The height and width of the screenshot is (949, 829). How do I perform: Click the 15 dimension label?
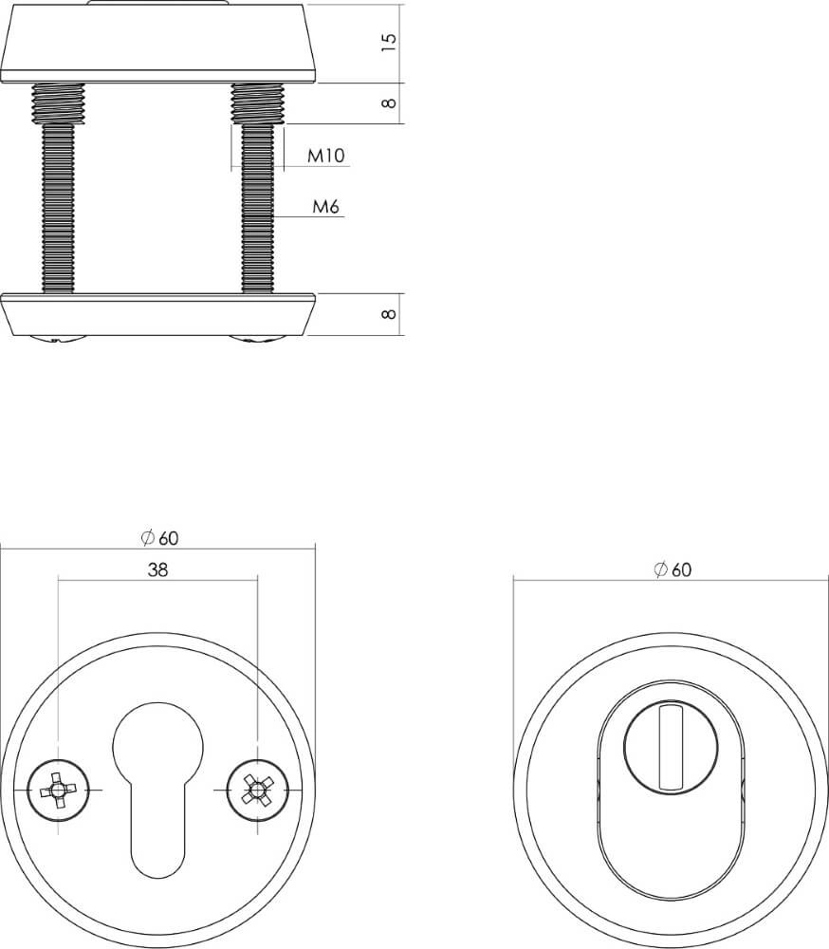tap(388, 43)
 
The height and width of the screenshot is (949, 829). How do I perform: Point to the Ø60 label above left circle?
tap(158, 538)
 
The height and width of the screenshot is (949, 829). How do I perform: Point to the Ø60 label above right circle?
tap(672, 569)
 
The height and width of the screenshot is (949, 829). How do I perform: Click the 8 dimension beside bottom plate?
tap(388, 314)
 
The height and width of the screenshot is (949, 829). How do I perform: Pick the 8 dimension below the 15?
tap(388, 103)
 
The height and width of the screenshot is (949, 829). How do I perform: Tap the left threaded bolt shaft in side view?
tap(59, 209)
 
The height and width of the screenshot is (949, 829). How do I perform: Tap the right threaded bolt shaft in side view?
tap(258, 209)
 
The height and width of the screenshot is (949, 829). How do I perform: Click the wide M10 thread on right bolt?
tap(258, 103)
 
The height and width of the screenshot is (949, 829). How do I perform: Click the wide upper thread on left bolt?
tap(59, 102)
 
